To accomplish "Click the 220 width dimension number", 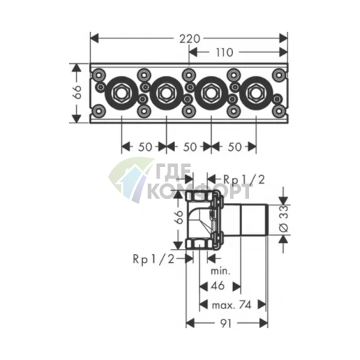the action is pyautogui.click(x=189, y=38).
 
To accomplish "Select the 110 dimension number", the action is pyautogui.click(x=224, y=52).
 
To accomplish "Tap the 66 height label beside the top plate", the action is pyautogui.click(x=78, y=92).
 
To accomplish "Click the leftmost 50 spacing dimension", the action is pyautogui.click(x=144, y=147).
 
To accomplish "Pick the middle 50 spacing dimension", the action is pyautogui.click(x=189, y=147).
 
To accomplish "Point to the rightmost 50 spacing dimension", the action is pyautogui.click(x=234, y=147).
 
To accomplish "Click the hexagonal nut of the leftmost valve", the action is pyautogui.click(x=121, y=92).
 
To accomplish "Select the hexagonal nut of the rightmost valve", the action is pyautogui.click(x=256, y=92).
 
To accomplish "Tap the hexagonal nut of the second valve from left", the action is pyautogui.click(x=166, y=92).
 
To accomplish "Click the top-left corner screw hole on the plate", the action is pyautogui.click(x=99, y=75).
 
